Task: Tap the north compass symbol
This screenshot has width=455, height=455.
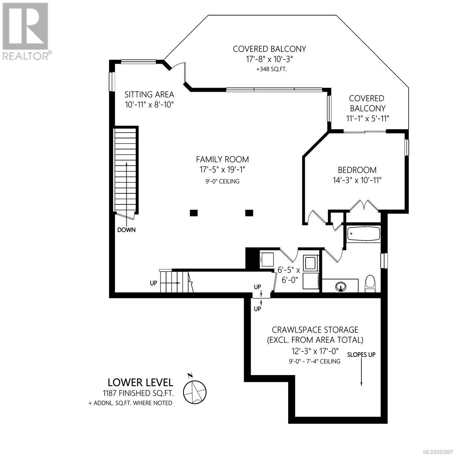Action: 195,393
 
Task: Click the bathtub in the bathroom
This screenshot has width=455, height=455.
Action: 363,234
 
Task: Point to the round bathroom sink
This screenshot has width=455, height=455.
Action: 341,287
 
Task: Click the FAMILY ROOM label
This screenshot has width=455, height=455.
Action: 223,159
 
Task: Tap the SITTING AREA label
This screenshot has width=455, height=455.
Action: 149,94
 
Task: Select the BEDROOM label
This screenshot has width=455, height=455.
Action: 357,170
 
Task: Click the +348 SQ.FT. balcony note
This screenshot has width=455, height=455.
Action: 270,69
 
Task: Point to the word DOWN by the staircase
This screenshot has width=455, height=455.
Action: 127,229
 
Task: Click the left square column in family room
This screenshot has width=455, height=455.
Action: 194,213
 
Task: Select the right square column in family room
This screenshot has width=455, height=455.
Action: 249,213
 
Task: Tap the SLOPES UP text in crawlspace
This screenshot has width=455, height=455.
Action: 361,355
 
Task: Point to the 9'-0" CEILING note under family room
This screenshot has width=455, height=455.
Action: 223,181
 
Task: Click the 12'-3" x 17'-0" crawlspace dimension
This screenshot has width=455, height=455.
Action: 315,351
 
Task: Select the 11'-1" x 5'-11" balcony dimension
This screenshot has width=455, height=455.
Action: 368,118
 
